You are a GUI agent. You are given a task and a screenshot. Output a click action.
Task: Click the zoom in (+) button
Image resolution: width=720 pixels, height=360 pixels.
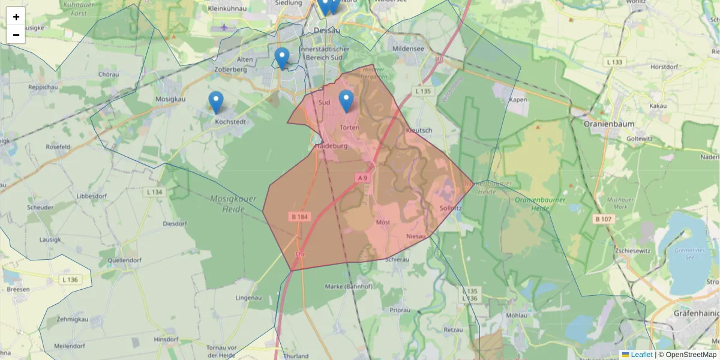coord(16,17)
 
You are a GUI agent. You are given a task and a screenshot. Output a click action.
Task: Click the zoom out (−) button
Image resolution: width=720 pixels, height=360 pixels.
coord(16,35)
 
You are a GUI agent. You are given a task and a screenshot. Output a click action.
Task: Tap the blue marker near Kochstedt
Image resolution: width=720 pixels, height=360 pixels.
coord(216,102)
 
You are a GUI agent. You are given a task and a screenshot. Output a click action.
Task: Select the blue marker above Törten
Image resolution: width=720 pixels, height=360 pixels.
coord(346,101)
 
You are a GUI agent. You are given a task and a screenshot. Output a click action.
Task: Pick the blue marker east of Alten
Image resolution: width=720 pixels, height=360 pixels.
coord(282,58)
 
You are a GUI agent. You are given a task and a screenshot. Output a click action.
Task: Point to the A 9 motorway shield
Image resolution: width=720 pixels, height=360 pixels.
coord(362,178)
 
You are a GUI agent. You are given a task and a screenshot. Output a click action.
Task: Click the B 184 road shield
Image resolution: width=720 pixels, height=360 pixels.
coord(300,217)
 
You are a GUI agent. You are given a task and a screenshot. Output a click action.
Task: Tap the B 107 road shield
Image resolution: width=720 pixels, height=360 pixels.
coord(604,219)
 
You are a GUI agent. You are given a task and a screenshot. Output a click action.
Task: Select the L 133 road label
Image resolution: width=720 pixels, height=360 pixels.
coord(616,62)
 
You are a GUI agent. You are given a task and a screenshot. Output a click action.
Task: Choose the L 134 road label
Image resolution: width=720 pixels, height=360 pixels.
coord(154,192)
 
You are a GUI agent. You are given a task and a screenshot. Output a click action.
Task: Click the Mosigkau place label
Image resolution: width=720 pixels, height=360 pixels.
coord(170,99)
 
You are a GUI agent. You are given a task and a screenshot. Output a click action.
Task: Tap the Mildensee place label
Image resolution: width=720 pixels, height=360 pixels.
coord(408,49)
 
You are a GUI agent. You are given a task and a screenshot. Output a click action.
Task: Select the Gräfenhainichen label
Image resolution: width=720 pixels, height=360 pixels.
coord(696,313)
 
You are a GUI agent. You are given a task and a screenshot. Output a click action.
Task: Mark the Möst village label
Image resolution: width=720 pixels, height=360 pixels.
coord(383,222)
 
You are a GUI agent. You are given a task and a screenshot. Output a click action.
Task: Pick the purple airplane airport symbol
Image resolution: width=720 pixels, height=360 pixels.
coord(224,26)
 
